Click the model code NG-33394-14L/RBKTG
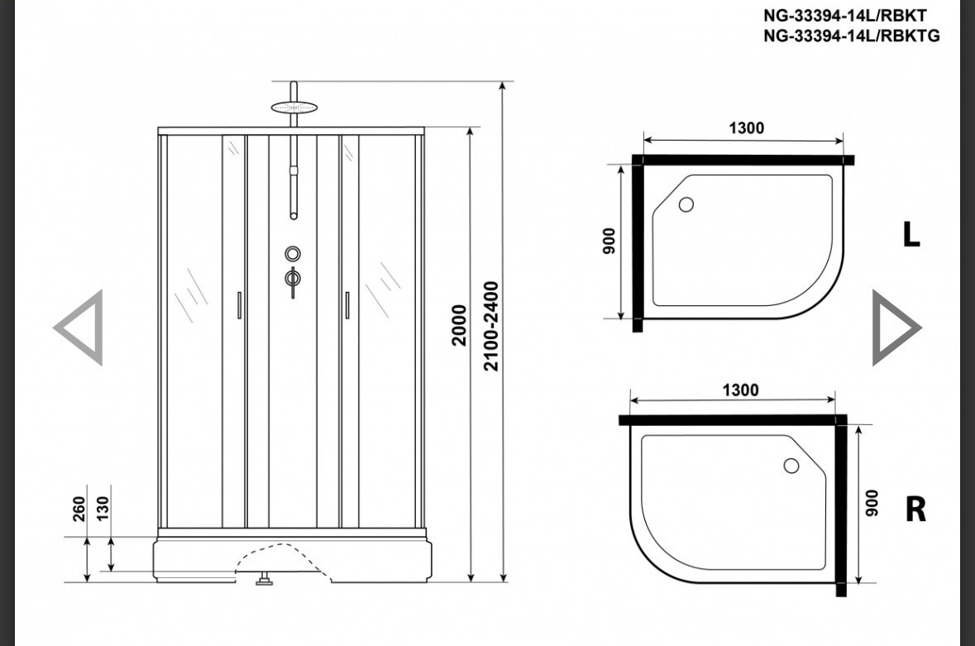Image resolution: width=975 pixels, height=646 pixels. click(851, 36)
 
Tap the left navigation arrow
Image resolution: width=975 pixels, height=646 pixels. click(79, 327)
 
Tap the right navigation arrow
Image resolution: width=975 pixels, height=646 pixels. click(896, 327)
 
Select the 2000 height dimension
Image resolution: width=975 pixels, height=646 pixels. click(459, 325)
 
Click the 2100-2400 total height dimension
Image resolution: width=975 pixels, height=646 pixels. click(491, 327)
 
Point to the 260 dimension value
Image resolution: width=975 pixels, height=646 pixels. click(79, 509)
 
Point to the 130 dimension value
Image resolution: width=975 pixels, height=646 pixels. click(103, 508)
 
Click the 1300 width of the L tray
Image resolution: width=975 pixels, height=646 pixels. click(746, 128)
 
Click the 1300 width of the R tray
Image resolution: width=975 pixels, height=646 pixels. click(741, 390)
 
